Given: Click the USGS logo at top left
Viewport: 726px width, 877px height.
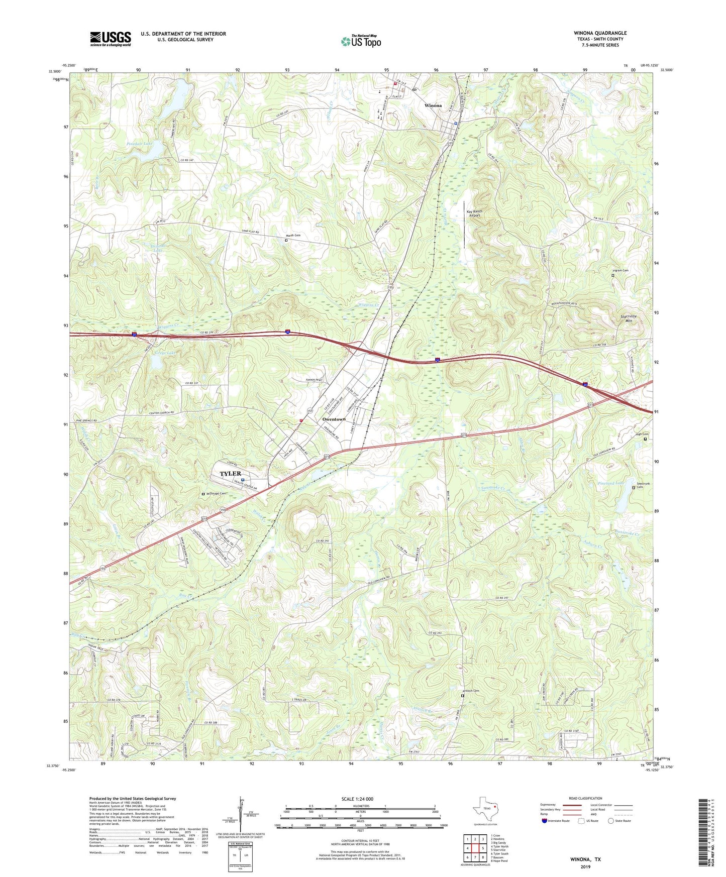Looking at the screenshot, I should pyautogui.click(x=111, y=39).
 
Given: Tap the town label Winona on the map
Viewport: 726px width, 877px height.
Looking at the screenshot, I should pyautogui.click(x=433, y=105).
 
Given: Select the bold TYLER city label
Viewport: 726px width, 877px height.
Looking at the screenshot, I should pyautogui.click(x=231, y=474).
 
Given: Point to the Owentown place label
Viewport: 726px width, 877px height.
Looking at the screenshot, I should pyautogui.click(x=334, y=419).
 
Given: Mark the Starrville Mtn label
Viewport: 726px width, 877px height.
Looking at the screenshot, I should pyautogui.click(x=628, y=318).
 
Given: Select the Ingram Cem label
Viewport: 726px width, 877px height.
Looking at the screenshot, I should pyautogui.click(x=620, y=270).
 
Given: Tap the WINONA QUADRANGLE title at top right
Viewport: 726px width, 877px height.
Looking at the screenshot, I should pyautogui.click(x=600, y=33).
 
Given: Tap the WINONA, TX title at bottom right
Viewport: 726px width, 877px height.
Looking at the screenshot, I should pyautogui.click(x=585, y=859).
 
